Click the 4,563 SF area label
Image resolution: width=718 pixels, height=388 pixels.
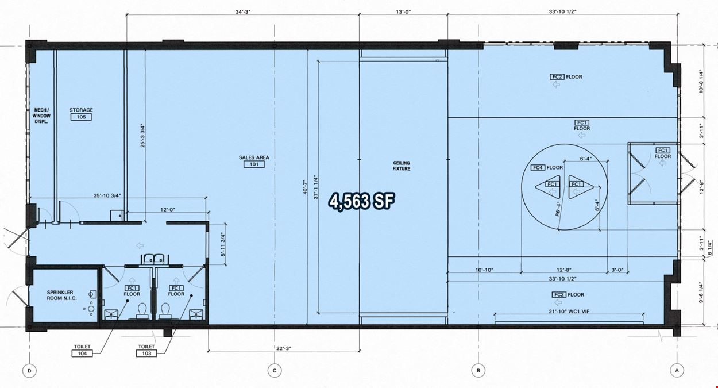[x=362, y=201]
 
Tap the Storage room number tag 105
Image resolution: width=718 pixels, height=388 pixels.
[x=81, y=117]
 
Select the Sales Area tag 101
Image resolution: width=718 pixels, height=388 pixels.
[x=254, y=164]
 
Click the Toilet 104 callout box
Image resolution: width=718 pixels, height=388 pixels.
[x=82, y=354]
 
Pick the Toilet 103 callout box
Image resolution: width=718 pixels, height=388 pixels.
[x=146, y=354]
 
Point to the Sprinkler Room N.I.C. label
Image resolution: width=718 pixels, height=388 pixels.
[x=62, y=295]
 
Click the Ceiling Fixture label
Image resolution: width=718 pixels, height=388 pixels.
[x=402, y=166]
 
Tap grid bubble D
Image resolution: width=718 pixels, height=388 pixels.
[x=29, y=371]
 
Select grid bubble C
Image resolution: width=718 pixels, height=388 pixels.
[x=275, y=371]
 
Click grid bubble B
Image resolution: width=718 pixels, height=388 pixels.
[x=478, y=371]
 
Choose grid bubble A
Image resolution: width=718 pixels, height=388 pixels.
[x=677, y=370]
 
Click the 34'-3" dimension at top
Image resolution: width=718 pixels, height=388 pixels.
[x=243, y=12]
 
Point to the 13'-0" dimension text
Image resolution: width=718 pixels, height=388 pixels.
[x=403, y=12]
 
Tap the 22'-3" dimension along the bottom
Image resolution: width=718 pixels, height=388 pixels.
[x=284, y=348]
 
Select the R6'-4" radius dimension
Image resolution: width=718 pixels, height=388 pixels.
[x=558, y=209]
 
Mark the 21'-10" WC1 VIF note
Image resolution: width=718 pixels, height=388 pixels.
[x=569, y=312]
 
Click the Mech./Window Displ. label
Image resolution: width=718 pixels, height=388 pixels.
[x=42, y=116]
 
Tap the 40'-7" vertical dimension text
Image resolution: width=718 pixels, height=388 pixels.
[x=305, y=187]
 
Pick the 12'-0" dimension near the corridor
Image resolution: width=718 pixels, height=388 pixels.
[x=168, y=210]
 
